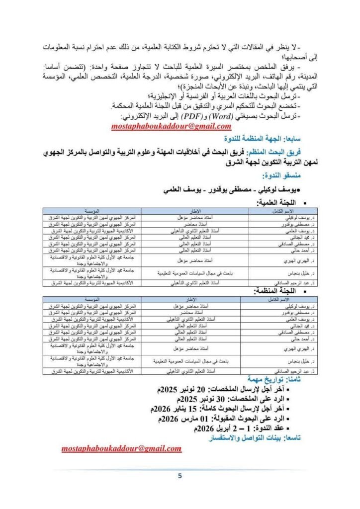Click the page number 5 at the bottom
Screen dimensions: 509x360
[x=180, y=476]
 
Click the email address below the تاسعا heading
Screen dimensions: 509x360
[x=121, y=448]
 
